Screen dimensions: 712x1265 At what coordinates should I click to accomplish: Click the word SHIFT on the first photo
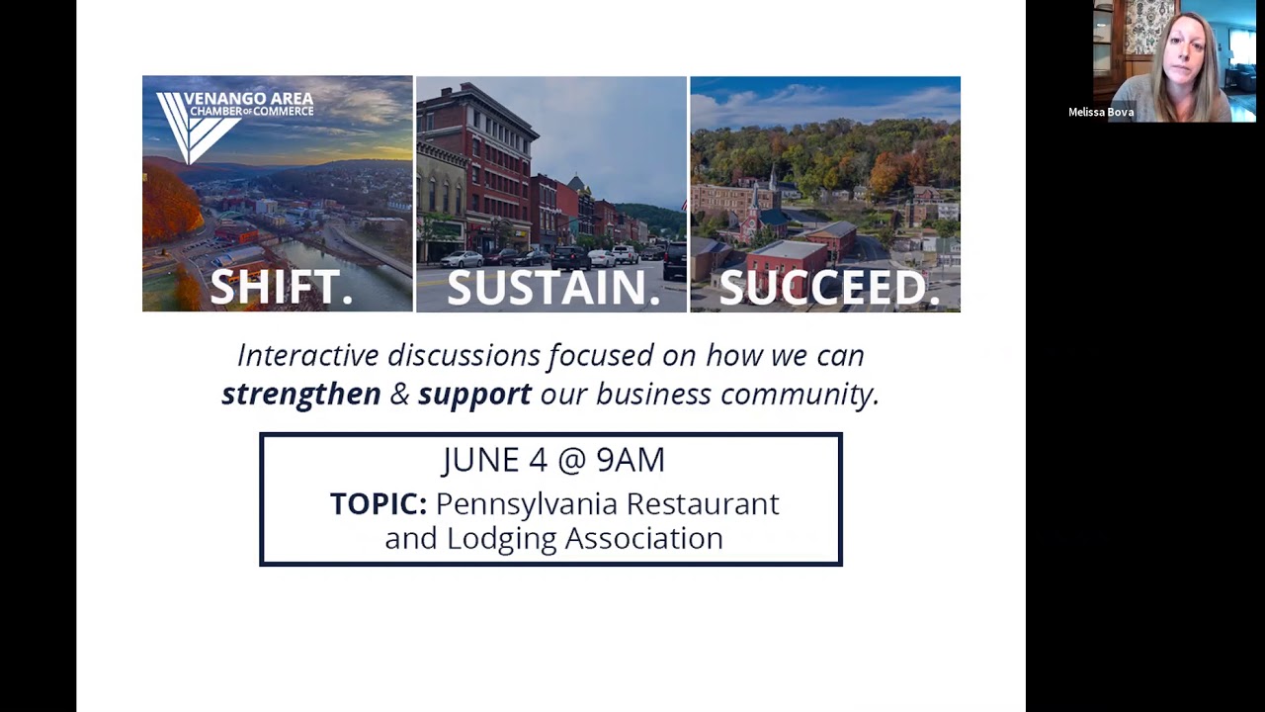point(276,288)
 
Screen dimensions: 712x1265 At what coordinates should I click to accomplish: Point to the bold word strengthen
point(300,394)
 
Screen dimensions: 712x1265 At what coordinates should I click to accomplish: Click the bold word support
point(474,394)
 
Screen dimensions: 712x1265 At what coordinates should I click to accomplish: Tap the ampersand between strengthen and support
point(399,394)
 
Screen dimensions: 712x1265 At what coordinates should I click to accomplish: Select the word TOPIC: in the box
point(378,504)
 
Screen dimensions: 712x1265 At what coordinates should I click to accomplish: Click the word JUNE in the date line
point(479,460)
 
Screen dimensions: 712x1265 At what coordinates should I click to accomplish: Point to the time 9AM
point(631,460)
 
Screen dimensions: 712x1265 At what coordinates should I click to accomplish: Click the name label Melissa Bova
point(1100,113)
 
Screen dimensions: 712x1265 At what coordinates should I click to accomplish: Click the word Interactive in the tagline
point(307,355)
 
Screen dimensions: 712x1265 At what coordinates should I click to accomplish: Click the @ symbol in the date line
point(557,460)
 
